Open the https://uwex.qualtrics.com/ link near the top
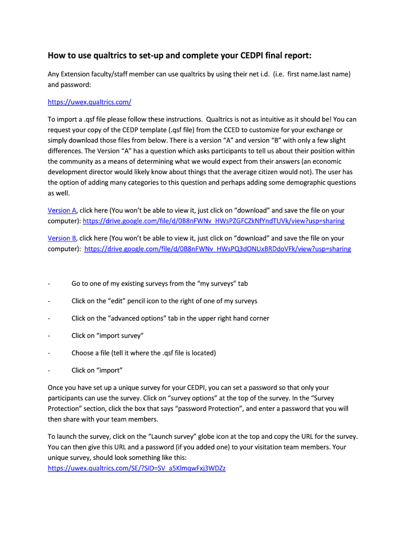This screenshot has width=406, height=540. point(89,102)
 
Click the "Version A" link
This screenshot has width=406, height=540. point(62,210)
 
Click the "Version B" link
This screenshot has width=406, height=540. point(62,238)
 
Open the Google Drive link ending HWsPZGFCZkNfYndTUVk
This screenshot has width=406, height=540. point(214,221)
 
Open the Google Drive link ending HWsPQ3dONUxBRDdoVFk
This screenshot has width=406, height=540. point(217,249)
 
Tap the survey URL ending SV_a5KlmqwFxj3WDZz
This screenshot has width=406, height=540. point(137,468)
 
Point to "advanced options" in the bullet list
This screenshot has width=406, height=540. point(137,319)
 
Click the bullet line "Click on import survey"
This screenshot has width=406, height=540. point(108,336)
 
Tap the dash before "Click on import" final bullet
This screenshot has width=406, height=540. point(49,370)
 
